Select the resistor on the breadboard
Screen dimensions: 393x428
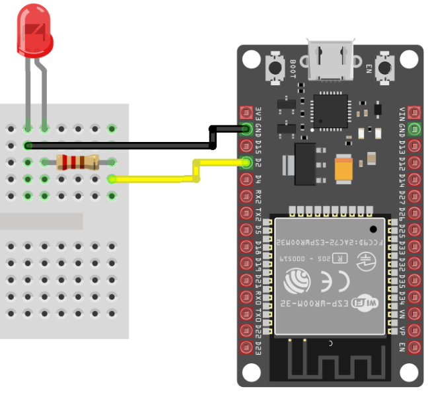tap(77, 161)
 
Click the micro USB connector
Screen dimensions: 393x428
tap(330, 57)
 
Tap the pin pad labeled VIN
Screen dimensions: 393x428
tap(414, 112)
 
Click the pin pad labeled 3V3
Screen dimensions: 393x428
tap(247, 112)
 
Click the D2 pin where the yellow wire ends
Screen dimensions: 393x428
tap(247, 162)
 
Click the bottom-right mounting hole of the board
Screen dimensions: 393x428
tap(411, 373)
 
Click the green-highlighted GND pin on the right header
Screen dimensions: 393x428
tap(414, 129)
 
